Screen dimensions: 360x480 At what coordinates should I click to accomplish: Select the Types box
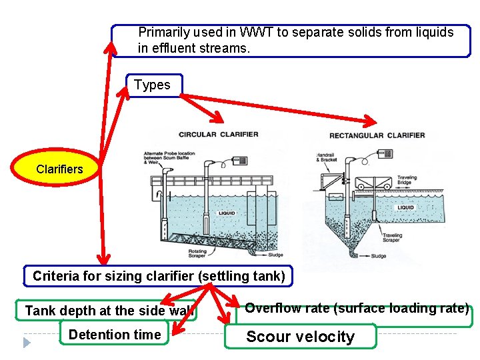pos(153,85)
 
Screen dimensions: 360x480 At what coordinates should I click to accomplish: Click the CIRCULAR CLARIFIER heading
pos(219,134)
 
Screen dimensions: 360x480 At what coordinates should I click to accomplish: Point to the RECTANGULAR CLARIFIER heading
pos(377,135)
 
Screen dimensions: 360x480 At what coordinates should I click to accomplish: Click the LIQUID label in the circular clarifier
pos(226,213)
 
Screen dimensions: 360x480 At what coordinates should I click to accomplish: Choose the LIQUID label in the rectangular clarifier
pos(405,207)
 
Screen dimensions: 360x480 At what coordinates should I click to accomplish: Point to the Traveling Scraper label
pos(391,237)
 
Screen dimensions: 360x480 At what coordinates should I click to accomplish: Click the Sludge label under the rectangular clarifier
pos(377,256)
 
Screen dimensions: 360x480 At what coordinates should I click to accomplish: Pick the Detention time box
pos(114,335)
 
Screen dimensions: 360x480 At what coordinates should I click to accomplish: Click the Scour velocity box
pos(301,337)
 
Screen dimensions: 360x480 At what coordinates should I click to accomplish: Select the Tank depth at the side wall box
pos(107,311)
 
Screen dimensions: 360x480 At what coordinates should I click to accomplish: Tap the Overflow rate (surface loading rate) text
pos(357,308)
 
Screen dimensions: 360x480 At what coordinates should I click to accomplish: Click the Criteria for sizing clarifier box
pos(159,276)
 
